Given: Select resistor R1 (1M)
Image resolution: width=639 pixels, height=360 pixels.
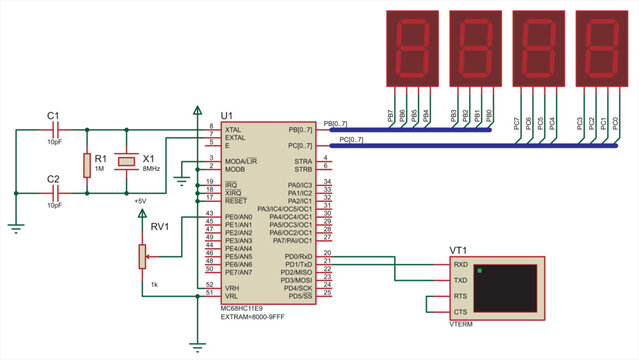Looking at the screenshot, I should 87,164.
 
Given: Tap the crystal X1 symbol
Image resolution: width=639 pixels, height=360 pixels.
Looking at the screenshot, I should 126,160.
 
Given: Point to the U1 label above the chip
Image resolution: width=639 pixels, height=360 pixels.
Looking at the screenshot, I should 227,117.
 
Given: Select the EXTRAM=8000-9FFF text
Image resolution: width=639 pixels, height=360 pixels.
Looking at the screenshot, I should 256,317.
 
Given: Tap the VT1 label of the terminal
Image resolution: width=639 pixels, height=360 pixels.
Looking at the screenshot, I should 459,249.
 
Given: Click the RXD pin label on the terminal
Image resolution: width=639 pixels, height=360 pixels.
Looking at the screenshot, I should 461,265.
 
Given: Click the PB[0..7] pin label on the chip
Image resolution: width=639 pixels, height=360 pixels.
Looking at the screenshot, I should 300,130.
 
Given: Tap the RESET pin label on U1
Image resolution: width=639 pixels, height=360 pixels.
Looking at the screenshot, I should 236,201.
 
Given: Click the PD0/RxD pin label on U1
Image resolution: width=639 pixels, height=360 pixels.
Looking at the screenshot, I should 297,256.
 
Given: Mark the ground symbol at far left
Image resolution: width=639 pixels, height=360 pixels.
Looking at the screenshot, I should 14,227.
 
